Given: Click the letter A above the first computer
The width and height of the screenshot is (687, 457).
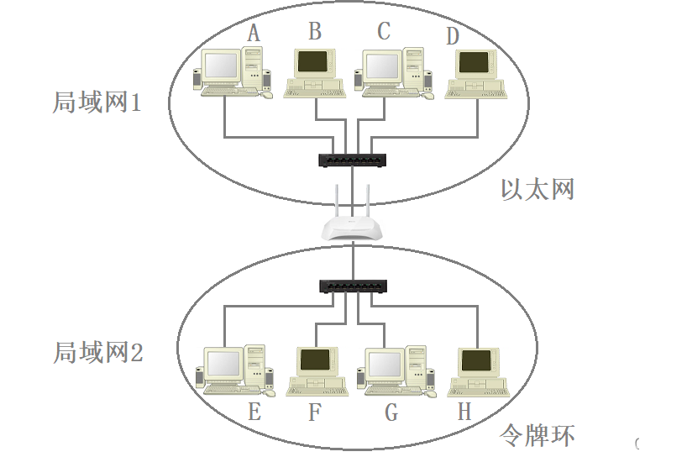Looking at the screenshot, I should click(x=254, y=33).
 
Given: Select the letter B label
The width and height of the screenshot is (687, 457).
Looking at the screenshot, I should click(x=315, y=31).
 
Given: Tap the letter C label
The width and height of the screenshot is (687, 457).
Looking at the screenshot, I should click(x=384, y=31).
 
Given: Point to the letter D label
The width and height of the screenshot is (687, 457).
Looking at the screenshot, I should click(x=453, y=36).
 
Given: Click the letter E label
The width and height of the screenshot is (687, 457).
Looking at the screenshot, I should click(x=254, y=412).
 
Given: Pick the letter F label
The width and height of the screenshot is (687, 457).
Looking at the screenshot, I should click(x=315, y=412).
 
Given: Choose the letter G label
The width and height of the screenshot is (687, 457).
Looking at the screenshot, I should click(x=391, y=412).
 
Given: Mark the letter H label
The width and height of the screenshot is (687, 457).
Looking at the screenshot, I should click(x=464, y=412).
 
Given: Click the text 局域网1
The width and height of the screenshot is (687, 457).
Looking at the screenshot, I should click(x=97, y=103).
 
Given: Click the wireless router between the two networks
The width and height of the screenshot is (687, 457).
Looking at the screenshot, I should click(x=354, y=227).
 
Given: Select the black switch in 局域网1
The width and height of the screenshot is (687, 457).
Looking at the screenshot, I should click(x=354, y=160).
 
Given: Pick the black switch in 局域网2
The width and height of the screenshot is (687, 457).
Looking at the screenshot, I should click(x=354, y=286).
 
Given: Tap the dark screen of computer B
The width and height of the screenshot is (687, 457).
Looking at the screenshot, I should click(x=312, y=62).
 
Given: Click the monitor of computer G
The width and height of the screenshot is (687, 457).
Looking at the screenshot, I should click(x=385, y=364).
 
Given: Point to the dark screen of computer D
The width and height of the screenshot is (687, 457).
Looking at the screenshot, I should click(x=474, y=62).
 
